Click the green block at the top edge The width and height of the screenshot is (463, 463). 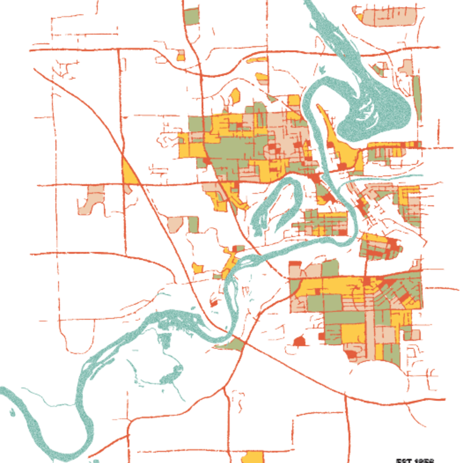tap(192, 17)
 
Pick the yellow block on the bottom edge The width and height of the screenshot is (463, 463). tap(253, 457)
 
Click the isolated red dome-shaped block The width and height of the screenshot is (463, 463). tap(299, 341)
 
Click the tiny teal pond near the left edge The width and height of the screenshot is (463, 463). tap(12, 412)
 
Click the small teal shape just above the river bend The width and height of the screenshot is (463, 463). tap(322, 70)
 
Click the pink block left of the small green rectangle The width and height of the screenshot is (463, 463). tap(175, 224)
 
